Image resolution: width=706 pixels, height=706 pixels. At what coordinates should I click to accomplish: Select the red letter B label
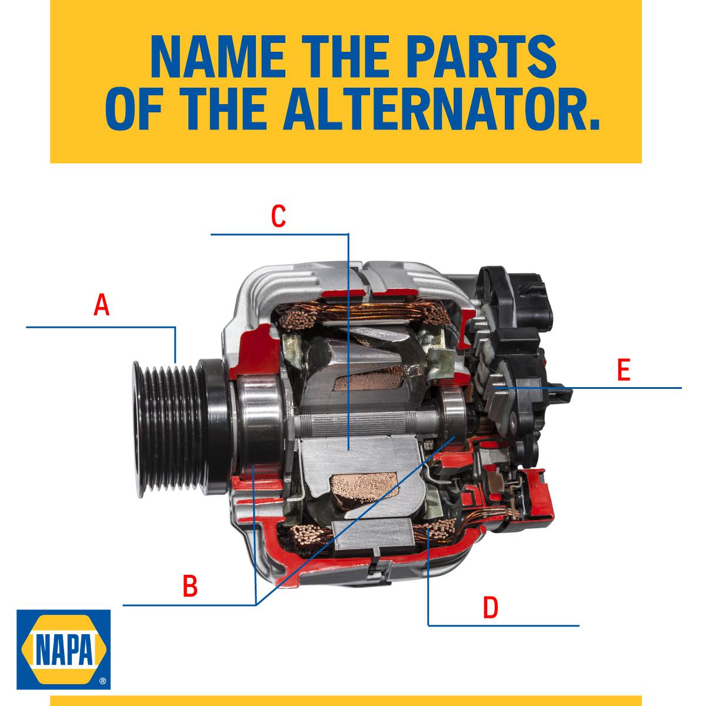click(x=190, y=585)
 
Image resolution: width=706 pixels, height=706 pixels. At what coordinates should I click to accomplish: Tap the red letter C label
click(x=278, y=215)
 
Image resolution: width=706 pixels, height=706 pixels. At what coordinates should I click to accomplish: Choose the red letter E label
click(x=624, y=369)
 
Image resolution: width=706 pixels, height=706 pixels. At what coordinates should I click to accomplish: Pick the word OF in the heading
click(x=134, y=108)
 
